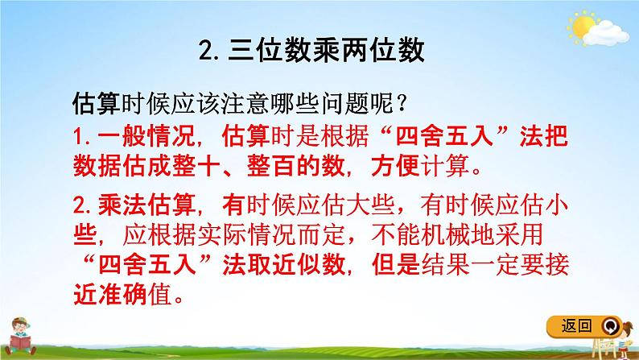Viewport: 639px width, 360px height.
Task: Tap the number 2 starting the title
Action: [x=203, y=52]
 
